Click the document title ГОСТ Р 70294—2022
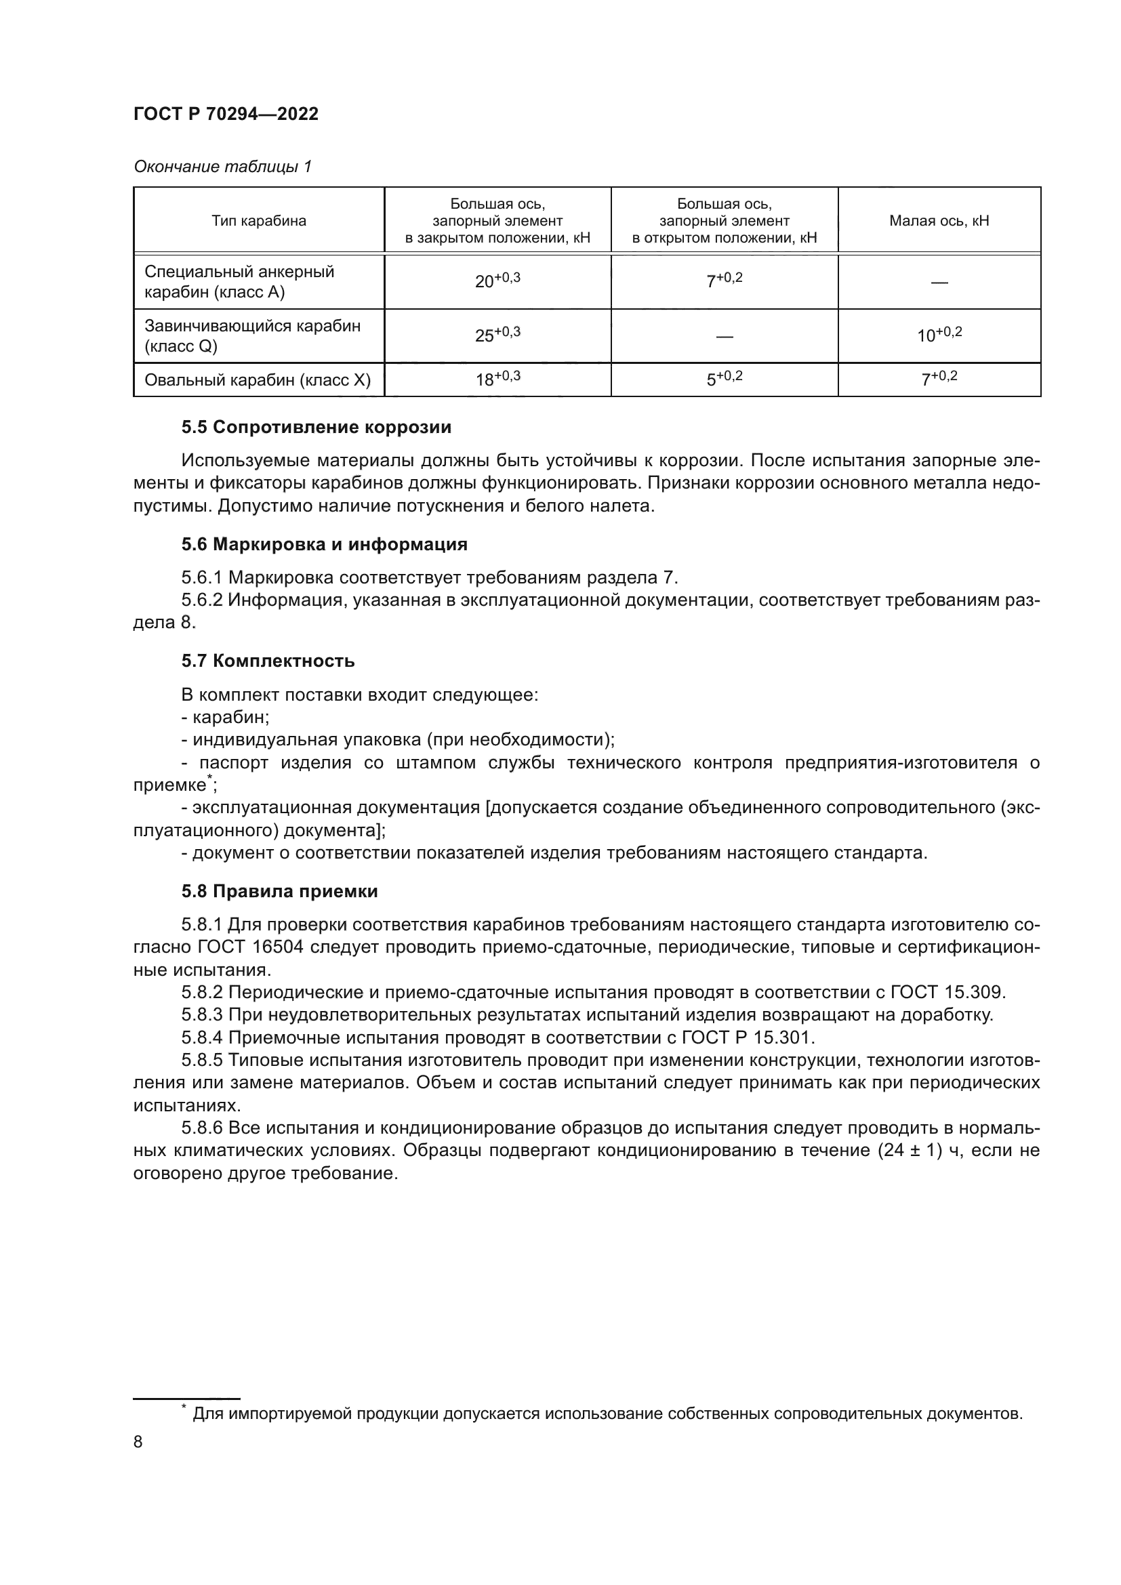[x=226, y=115]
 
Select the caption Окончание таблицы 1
[x=222, y=167]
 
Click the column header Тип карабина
[x=259, y=221]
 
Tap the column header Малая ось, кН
[x=939, y=221]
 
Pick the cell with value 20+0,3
[x=497, y=281]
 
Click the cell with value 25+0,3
[x=497, y=335]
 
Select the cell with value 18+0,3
[x=497, y=379]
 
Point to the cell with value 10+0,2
[x=939, y=335]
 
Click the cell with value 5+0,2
[x=724, y=379]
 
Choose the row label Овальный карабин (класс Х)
[x=258, y=379]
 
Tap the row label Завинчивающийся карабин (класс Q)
[x=252, y=335]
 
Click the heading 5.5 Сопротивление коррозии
[x=316, y=428]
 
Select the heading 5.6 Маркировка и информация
[x=325, y=544]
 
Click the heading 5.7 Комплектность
[x=268, y=661]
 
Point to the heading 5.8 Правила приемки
[x=279, y=891]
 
